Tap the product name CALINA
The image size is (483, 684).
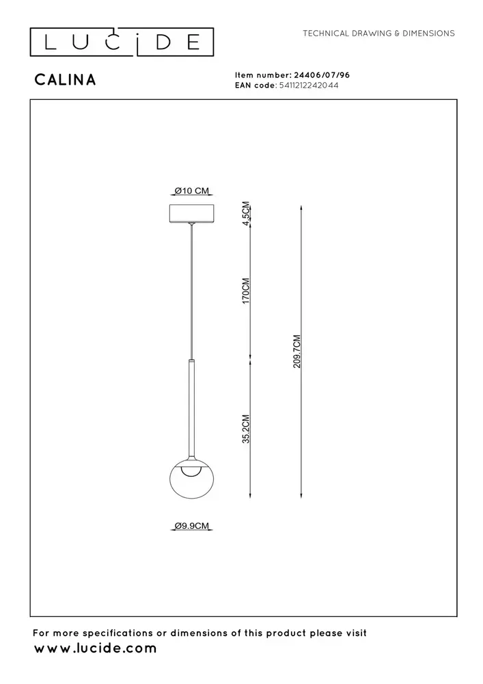point(65,80)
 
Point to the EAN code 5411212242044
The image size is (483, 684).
point(308,85)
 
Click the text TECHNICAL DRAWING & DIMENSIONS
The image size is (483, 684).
point(378,33)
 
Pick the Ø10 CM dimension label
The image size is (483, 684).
point(192,191)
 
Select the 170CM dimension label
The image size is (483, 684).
point(246,291)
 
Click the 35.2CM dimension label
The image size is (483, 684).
point(246,429)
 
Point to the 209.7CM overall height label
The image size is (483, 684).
point(296,352)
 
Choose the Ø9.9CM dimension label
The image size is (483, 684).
point(192,525)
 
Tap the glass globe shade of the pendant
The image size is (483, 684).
point(192,487)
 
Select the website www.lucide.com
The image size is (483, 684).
point(96,648)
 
